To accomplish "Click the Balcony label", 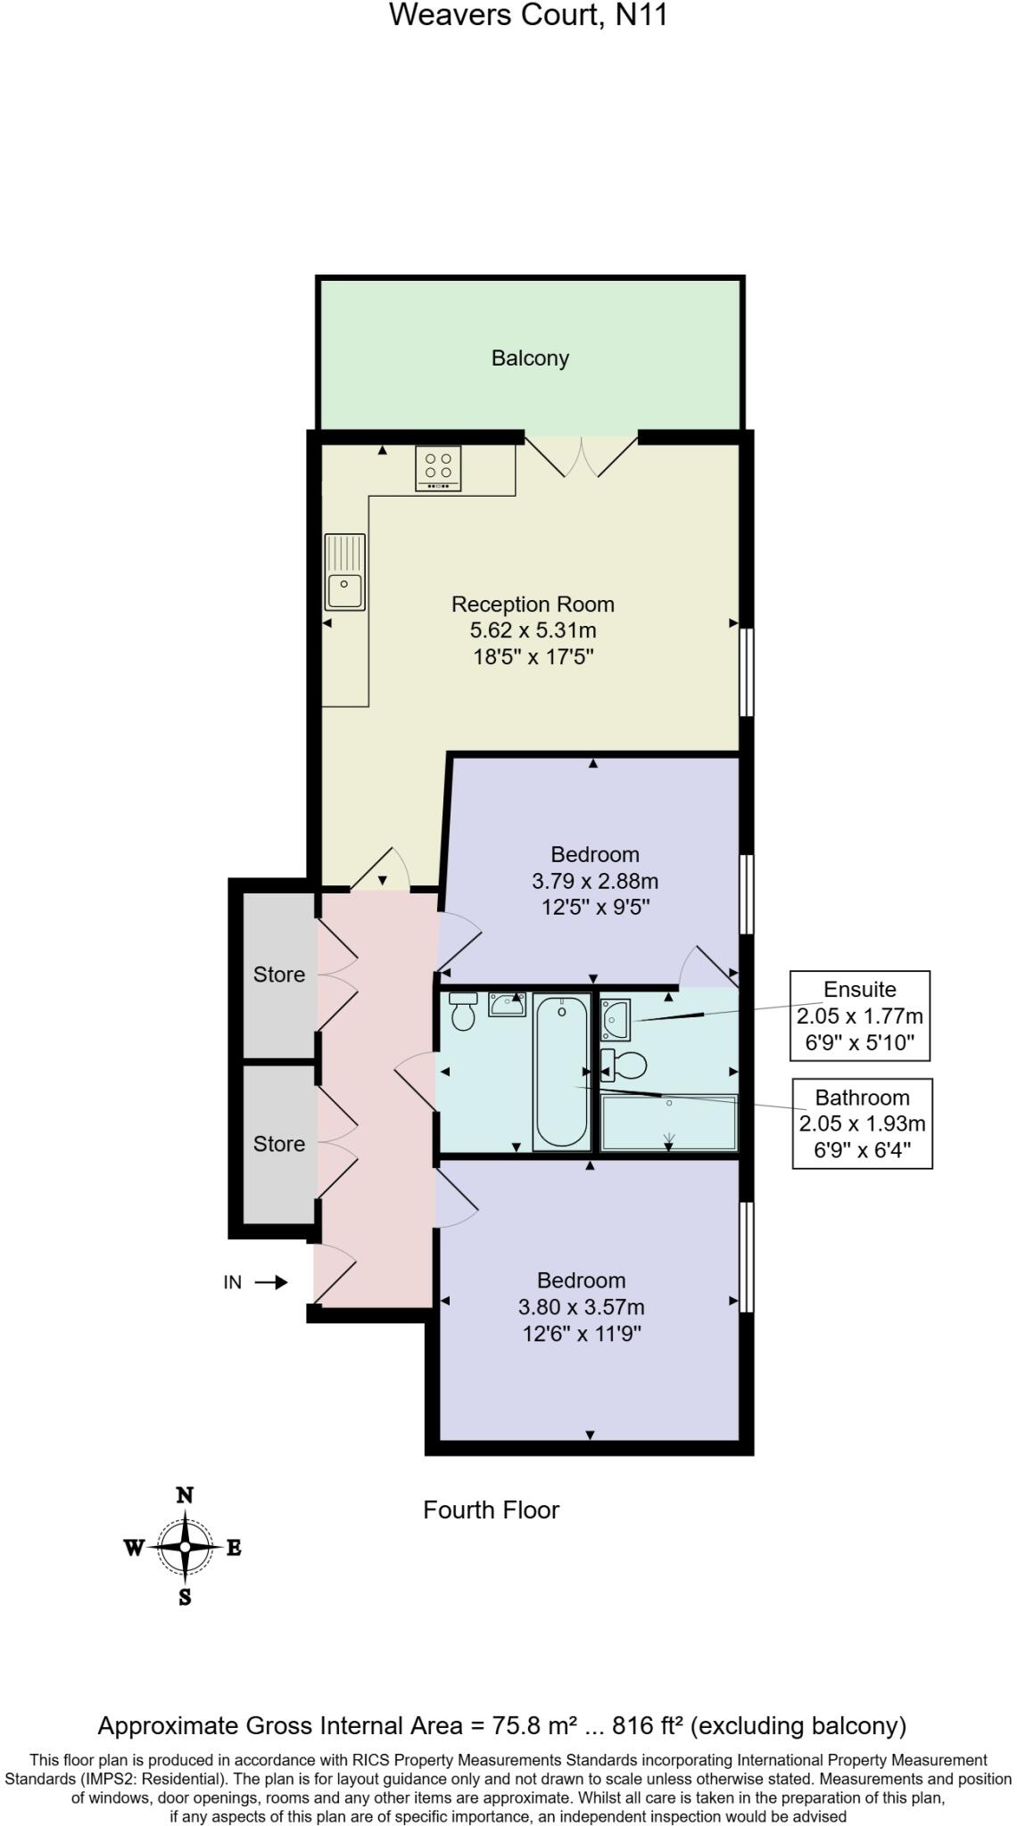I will click(530, 358).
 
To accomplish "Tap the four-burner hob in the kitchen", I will click(438, 468).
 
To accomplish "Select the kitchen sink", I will click(344, 572).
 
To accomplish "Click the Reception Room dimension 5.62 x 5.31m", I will click(533, 630).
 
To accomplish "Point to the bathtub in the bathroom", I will click(562, 1071).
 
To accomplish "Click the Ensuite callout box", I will click(860, 1016).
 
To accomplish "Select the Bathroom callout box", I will click(862, 1123).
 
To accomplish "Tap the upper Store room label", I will click(279, 975).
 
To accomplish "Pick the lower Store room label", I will click(279, 1144).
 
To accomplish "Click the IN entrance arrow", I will click(271, 1283).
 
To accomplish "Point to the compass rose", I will click(185, 1547).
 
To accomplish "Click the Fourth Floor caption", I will click(491, 1510).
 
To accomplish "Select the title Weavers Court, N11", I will click(528, 15).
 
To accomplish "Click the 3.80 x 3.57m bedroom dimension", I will click(581, 1307).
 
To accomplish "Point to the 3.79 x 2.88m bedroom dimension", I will click(595, 881).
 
